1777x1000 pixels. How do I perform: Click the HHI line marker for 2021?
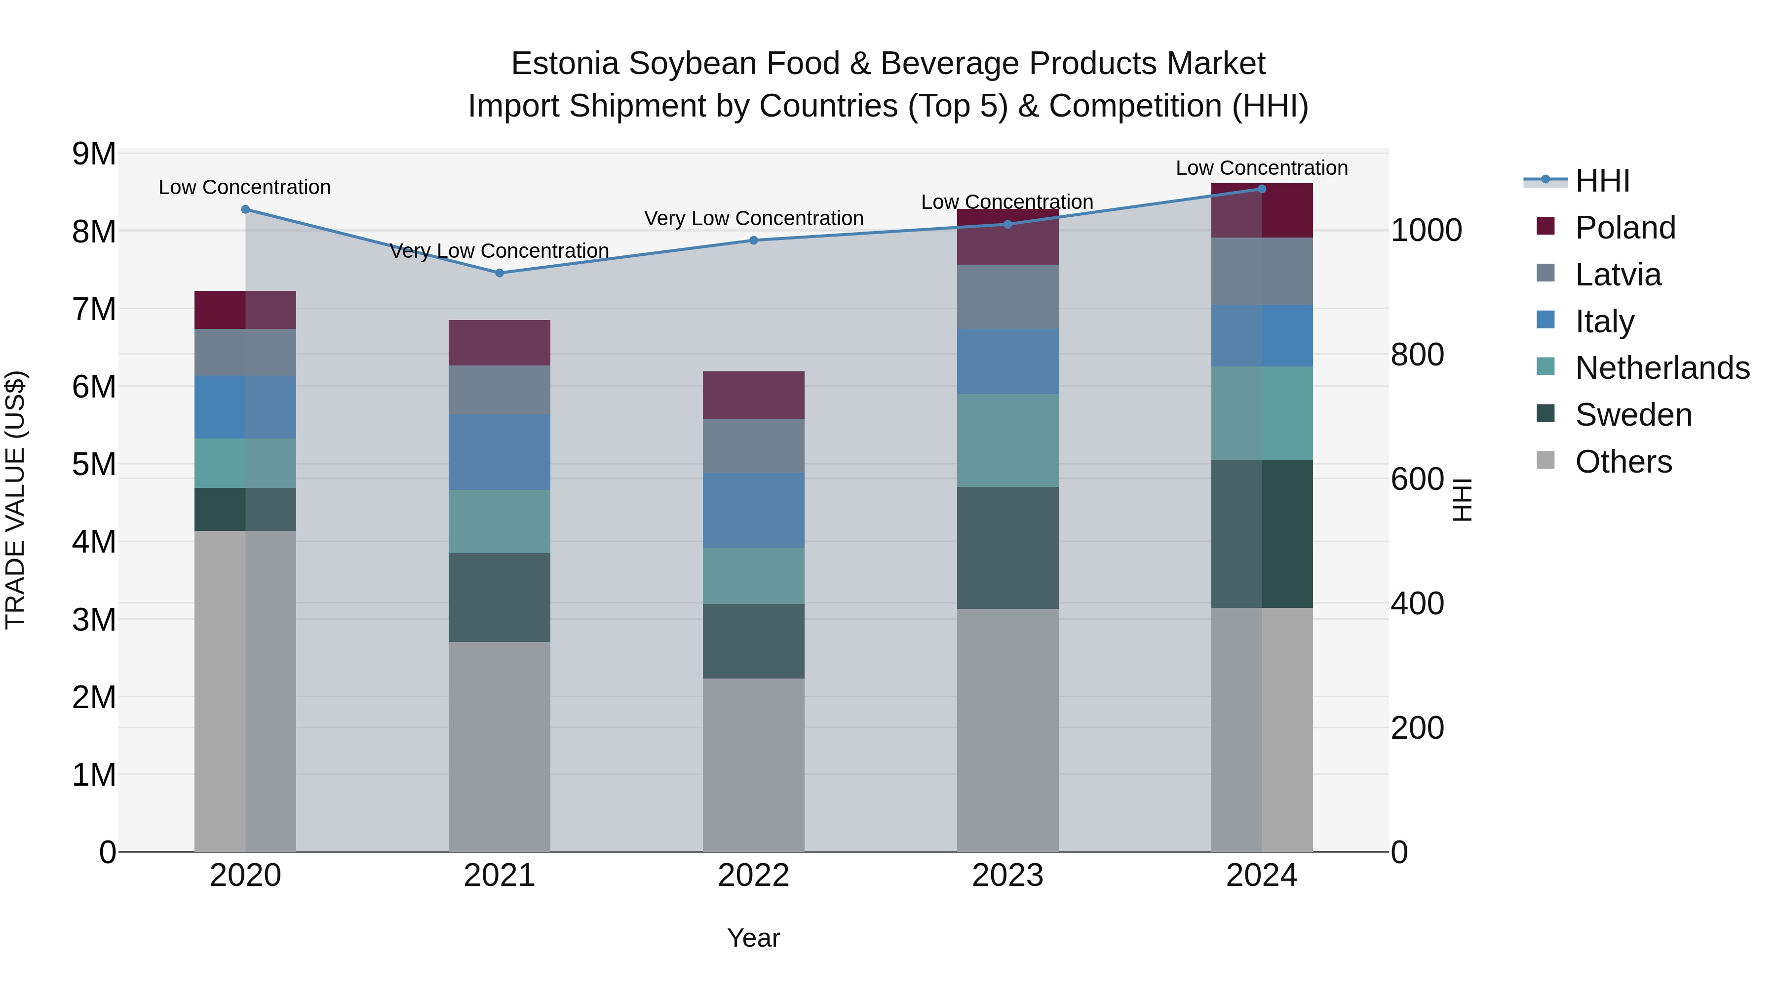pos(500,273)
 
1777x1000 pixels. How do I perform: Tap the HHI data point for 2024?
pos(1262,189)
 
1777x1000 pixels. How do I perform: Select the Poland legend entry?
pos(1624,228)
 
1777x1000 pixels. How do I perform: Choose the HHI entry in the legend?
pos(1602,181)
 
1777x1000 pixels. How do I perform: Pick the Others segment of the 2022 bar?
pos(753,764)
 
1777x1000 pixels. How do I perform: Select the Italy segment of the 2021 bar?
pos(500,452)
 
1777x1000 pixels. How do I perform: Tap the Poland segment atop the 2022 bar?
pos(753,395)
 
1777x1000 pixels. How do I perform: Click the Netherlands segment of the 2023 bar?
pos(1007,440)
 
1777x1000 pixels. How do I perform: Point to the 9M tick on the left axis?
pos(94,154)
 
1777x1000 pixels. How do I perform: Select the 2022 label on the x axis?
pos(753,876)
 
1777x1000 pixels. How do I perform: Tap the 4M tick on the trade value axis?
pos(94,542)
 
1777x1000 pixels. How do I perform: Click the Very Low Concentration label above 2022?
pos(753,218)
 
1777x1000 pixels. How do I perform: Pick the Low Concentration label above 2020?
pos(245,187)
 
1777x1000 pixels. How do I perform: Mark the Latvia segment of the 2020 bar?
pos(245,352)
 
